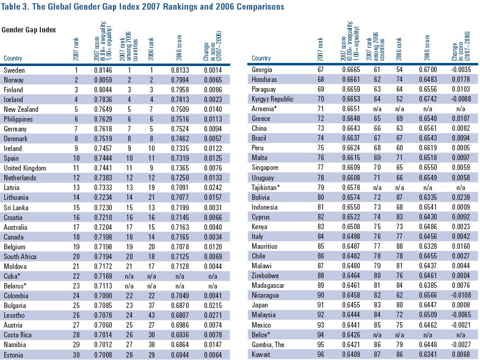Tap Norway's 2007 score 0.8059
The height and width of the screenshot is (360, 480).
click(106, 80)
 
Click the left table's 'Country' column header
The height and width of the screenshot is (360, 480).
click(13, 59)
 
